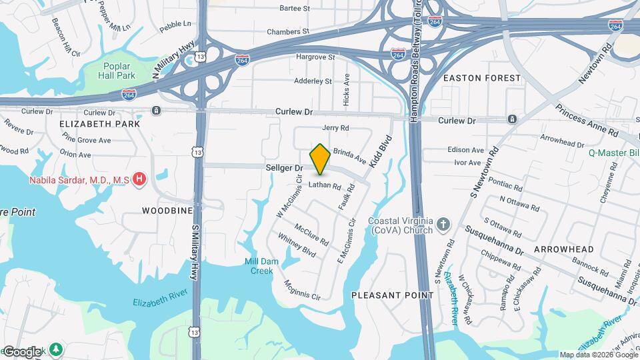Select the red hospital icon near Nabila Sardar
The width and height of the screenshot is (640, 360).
click(139, 179)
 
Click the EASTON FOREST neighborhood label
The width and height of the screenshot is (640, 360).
click(481, 78)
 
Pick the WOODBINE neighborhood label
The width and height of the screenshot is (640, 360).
click(167, 211)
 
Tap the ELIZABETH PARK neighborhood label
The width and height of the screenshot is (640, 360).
click(99, 124)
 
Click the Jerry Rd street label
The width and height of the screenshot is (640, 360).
click(335, 128)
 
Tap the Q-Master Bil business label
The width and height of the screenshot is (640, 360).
click(613, 152)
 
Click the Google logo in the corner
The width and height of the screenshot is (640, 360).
click(22, 351)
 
